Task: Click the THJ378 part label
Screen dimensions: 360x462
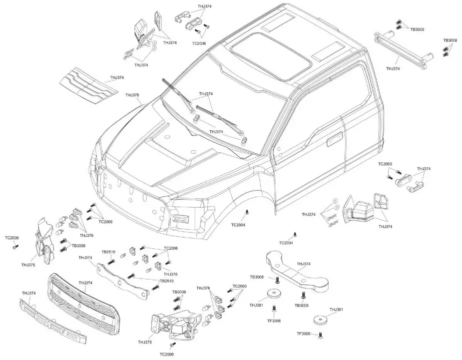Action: pos(132,95)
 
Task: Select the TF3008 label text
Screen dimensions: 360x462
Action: pos(274,321)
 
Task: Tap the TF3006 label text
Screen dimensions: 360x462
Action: pos(304,334)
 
